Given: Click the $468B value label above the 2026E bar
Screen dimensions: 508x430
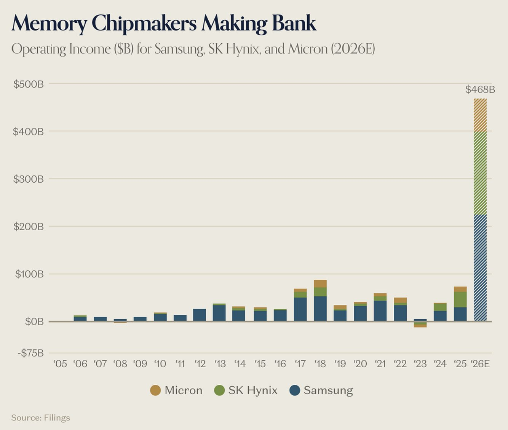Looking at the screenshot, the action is [x=480, y=89].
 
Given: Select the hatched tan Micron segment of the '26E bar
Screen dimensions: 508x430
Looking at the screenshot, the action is [x=480, y=115].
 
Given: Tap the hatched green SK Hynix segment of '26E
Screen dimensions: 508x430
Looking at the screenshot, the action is [x=480, y=174].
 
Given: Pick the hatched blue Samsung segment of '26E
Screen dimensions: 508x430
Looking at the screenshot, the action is [x=480, y=268].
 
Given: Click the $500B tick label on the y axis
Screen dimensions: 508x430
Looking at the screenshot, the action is [x=29, y=84].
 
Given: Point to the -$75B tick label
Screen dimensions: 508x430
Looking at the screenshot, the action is [x=31, y=353].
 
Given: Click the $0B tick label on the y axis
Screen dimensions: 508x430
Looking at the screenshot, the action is [x=34, y=322].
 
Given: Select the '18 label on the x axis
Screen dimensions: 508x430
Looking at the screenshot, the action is [x=320, y=364].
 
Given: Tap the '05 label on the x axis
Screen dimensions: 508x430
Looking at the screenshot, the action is [x=60, y=364].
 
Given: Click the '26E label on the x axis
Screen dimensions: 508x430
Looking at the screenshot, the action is [x=480, y=364].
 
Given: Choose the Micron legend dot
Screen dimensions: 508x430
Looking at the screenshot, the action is [x=155, y=390].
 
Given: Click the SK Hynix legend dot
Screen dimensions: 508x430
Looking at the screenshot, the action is [x=219, y=390].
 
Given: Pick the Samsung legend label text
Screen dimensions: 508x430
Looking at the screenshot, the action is [x=328, y=390].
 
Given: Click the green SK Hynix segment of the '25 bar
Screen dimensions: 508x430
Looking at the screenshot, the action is [x=460, y=299].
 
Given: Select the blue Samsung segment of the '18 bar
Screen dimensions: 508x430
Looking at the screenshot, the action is [x=320, y=309].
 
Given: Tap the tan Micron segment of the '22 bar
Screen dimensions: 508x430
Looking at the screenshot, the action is [x=400, y=300].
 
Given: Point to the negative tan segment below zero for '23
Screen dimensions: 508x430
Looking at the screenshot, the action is [x=420, y=326].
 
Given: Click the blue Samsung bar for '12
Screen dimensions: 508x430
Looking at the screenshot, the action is [x=199, y=315].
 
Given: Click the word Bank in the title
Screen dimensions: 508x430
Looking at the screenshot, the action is [x=294, y=23].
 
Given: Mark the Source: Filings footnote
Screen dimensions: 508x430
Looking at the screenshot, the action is [x=40, y=418].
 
